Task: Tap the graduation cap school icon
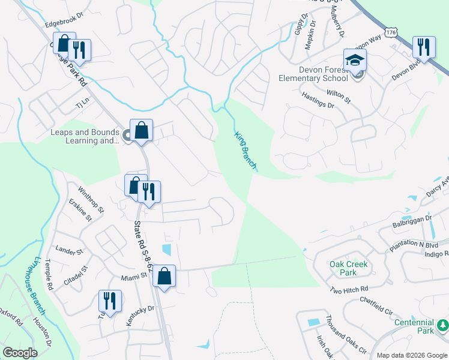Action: click(x=355, y=60)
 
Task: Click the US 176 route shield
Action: click(x=391, y=31)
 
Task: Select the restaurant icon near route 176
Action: click(x=424, y=47)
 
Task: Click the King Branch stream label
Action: click(x=246, y=150)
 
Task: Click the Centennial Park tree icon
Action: click(x=444, y=325)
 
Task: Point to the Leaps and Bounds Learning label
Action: click(x=84, y=137)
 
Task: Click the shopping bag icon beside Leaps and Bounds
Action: click(x=141, y=130)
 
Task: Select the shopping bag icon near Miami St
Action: click(x=164, y=277)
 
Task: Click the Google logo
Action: click(x=20, y=353)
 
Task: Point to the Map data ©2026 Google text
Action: click(x=411, y=355)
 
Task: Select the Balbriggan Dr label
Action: click(x=412, y=222)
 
